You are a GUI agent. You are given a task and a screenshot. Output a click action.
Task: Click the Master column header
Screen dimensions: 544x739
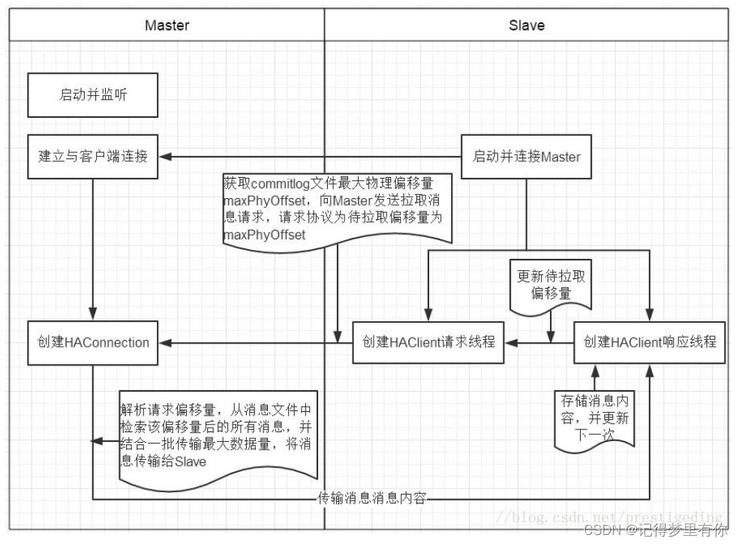click(x=167, y=25)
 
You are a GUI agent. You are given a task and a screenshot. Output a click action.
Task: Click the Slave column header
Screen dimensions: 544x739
click(x=527, y=25)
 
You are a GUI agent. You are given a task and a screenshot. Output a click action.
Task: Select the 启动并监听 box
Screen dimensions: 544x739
click(x=93, y=95)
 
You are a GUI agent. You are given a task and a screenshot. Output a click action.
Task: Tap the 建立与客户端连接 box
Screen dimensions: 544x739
click(x=93, y=157)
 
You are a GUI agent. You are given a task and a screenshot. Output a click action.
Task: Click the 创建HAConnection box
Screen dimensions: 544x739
click(x=93, y=343)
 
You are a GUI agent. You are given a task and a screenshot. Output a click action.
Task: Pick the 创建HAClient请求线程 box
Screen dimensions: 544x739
click(x=428, y=343)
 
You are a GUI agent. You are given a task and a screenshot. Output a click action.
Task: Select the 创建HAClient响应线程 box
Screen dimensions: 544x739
click(x=650, y=343)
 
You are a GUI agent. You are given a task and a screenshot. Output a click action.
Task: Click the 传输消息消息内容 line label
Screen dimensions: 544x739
click(x=371, y=498)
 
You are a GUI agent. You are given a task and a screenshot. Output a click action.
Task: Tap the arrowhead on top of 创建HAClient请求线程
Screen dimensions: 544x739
click(x=428, y=316)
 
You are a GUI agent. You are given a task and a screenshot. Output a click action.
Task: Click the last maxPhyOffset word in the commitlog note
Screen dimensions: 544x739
click(x=264, y=235)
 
